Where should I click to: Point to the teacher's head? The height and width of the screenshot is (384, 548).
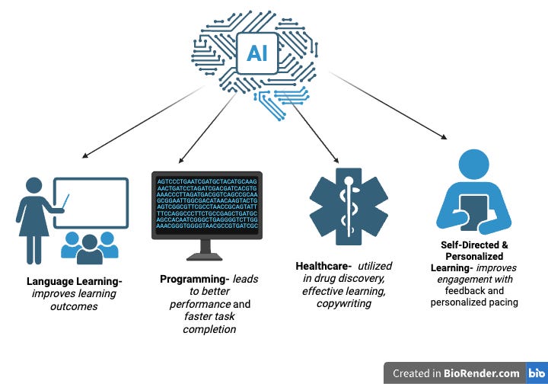(x=34, y=185)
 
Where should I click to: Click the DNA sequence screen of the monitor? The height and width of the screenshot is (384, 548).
(x=207, y=204)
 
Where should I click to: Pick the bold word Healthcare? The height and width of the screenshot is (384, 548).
(x=323, y=266)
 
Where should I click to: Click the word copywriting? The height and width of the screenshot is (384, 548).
(x=343, y=303)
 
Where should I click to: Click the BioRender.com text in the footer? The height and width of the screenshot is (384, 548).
(x=485, y=373)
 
